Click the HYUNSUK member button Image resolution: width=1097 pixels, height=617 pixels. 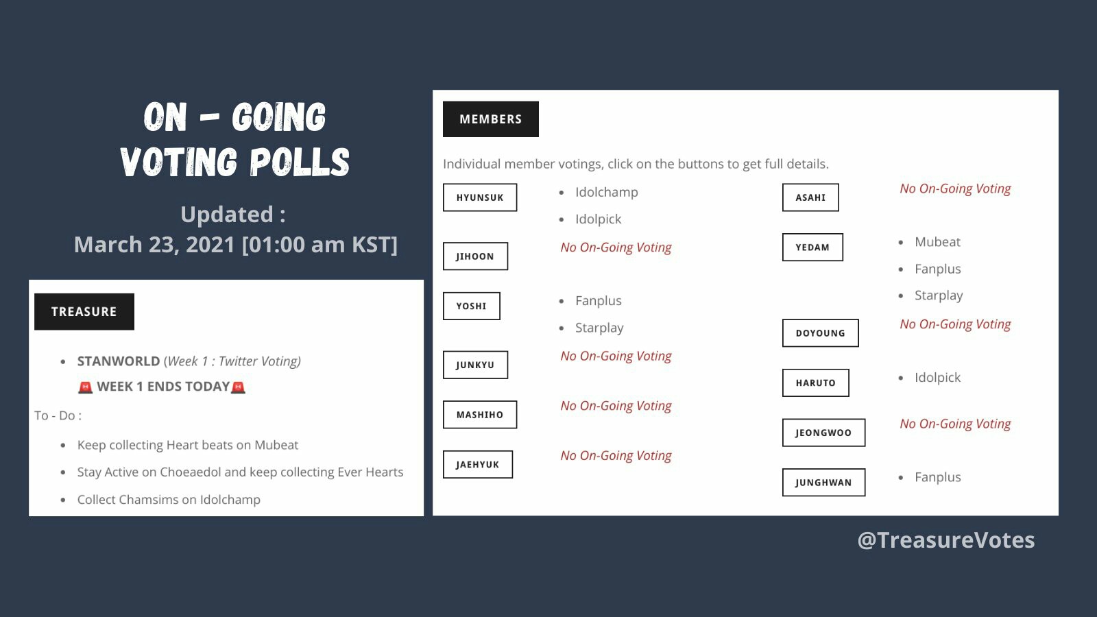click(480, 197)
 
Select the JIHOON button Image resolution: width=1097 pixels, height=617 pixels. click(475, 256)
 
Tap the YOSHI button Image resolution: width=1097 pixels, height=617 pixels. click(471, 306)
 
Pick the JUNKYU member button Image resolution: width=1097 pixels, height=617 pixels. click(475, 365)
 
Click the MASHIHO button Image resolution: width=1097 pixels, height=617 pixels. click(480, 415)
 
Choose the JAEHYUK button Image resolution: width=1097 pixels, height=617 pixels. click(477, 464)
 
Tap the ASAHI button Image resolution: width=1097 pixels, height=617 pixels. click(810, 197)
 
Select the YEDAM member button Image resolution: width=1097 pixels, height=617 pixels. click(812, 247)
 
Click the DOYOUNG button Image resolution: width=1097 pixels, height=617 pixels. click(820, 333)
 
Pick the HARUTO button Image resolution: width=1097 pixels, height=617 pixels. click(815, 383)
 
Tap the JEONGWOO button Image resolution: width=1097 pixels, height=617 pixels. click(823, 433)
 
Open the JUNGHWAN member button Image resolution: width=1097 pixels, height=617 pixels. click(823, 483)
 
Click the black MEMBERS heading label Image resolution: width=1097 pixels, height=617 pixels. click(491, 119)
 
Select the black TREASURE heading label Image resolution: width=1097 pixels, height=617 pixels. click(84, 311)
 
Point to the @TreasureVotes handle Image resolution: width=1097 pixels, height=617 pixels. click(946, 540)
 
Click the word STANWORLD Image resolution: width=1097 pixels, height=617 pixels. click(119, 361)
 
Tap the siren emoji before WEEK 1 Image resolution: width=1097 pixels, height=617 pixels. click(85, 387)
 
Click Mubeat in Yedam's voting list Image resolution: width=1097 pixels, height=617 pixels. click(937, 242)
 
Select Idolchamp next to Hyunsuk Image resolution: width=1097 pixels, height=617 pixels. click(606, 192)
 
